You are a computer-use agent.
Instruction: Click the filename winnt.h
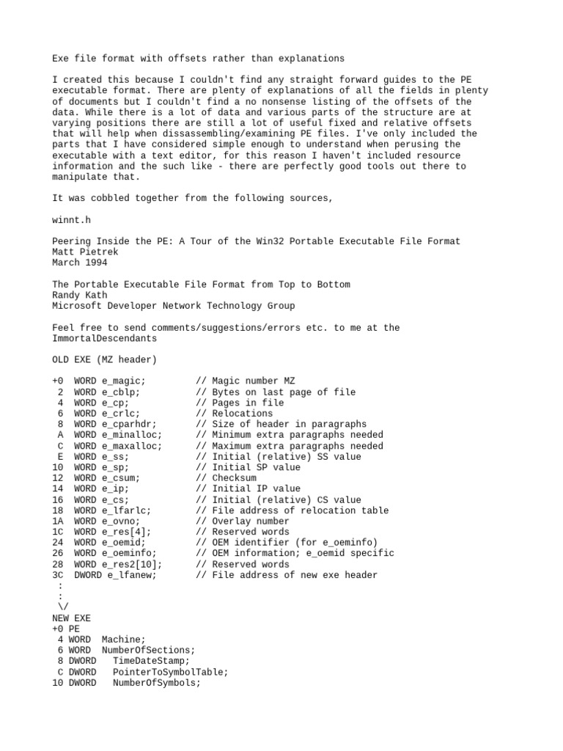(71, 219)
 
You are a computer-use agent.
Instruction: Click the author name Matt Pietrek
(84, 252)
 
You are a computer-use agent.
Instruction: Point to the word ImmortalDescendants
(104, 338)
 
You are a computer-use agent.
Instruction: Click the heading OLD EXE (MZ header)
(104, 359)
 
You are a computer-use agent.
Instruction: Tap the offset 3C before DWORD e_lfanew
(58, 574)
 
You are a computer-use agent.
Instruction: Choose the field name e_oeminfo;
(129, 553)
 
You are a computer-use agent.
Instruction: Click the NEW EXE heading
(71, 618)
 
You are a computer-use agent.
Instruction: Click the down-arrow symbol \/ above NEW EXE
(61, 607)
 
